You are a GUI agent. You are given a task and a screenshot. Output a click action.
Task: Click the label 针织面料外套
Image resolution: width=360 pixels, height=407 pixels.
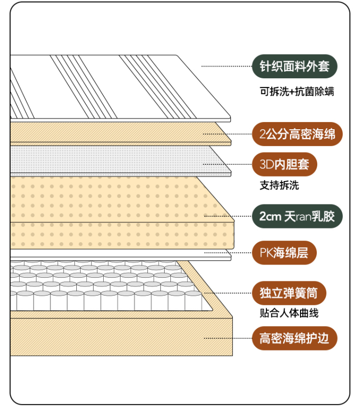295,66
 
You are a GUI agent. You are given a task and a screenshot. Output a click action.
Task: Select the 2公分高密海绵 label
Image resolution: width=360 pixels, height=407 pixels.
297,134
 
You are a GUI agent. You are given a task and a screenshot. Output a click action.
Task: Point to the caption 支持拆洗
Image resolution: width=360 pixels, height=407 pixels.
279,186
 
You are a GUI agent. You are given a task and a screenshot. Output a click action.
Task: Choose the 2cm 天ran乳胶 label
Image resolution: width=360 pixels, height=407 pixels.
297,216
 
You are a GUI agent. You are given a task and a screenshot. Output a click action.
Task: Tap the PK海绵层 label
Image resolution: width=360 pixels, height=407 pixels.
284,252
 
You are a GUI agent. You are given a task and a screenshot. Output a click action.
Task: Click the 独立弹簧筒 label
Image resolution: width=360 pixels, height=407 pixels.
289,293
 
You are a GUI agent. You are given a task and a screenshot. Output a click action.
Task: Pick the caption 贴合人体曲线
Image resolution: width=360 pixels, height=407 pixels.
289,313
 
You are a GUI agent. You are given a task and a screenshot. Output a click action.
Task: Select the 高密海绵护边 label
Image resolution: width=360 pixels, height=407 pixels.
294,338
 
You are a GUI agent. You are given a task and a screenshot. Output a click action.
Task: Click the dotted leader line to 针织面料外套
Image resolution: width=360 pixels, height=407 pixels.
226,66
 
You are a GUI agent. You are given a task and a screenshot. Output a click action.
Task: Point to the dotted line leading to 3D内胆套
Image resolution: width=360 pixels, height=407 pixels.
227,164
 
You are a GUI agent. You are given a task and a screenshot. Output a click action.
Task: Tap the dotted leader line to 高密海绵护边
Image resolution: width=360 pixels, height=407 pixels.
227,338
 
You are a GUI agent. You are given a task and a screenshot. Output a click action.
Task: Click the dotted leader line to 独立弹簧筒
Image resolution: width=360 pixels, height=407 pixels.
227,293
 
